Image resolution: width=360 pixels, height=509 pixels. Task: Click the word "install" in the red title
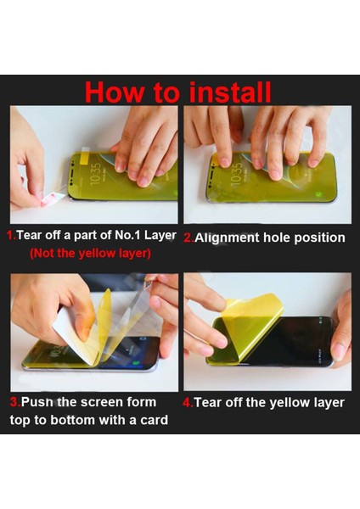click(x=230, y=92)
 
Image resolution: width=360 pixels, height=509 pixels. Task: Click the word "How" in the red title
click(x=114, y=92)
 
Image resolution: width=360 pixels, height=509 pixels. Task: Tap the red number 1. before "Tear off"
click(x=12, y=235)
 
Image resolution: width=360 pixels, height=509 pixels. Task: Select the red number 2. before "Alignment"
click(x=188, y=238)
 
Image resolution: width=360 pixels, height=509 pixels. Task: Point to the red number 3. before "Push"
click(x=15, y=402)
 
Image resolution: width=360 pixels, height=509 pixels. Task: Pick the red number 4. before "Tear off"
click(x=188, y=403)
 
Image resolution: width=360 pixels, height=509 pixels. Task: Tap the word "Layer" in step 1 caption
click(x=160, y=235)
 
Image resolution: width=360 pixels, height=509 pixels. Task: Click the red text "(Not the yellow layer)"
click(x=90, y=253)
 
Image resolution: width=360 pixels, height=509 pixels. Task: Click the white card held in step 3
click(x=71, y=327)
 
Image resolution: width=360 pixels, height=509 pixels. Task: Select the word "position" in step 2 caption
click(x=320, y=238)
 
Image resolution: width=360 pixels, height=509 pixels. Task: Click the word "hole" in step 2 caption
click(x=277, y=238)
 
